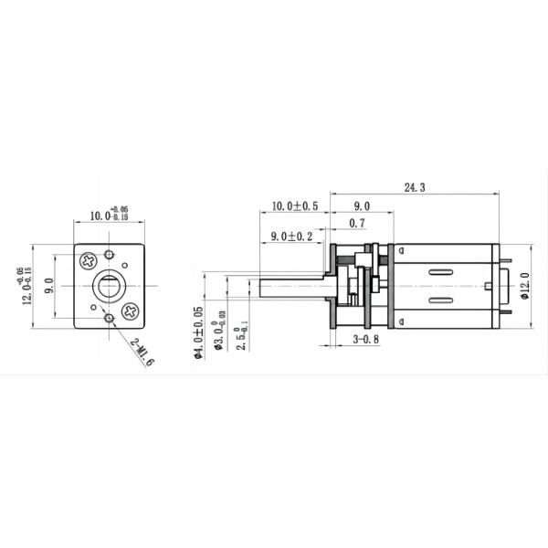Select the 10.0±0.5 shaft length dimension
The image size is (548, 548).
click(295, 206)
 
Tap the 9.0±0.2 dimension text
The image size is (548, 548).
click(287, 237)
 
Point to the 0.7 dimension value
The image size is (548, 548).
click(358, 223)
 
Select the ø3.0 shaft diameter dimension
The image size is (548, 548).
click(217, 335)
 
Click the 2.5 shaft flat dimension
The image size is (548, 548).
click(237, 335)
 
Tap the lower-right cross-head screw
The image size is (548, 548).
click(131, 311)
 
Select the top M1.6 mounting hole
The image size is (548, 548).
click(110, 254)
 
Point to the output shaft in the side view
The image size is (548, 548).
click(291, 285)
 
